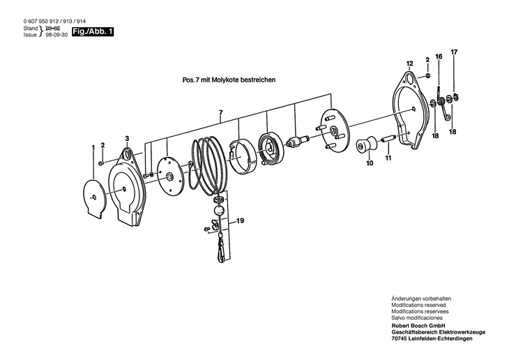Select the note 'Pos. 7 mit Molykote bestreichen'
[225, 80]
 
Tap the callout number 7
[220, 112]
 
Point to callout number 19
[240, 220]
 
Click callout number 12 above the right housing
[409, 63]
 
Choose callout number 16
[439, 56]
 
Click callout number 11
[388, 158]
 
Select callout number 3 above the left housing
[127, 138]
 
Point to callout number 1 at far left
[93, 147]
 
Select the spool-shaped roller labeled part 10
[365, 148]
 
